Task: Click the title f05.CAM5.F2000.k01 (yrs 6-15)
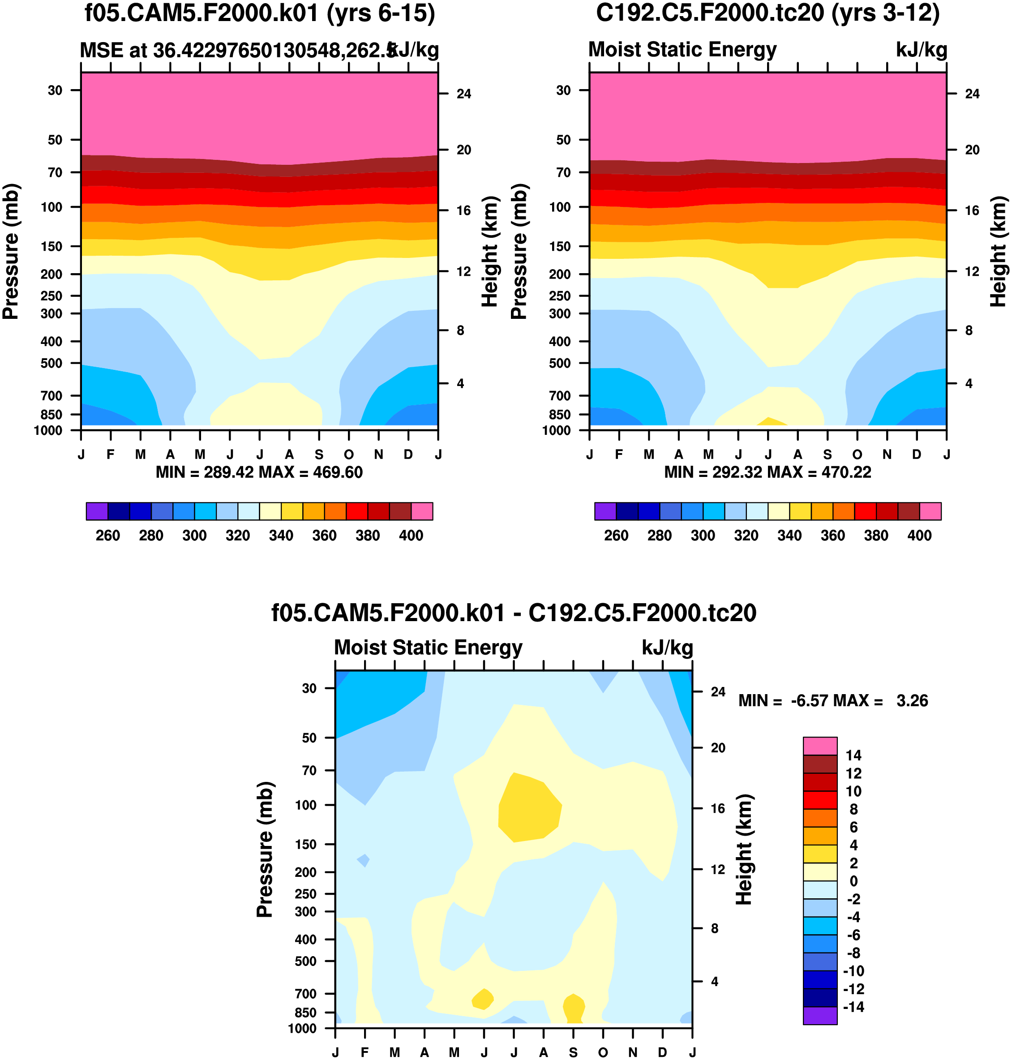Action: click(x=259, y=13)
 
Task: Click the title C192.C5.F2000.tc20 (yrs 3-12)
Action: click(x=768, y=13)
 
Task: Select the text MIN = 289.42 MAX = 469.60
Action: click(x=259, y=472)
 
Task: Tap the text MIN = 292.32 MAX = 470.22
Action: click(x=768, y=472)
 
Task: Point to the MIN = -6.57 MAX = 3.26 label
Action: click(x=833, y=701)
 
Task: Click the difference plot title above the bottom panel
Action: click(x=514, y=613)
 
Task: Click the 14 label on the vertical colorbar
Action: click(x=853, y=755)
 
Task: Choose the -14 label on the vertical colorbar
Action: click(x=853, y=1007)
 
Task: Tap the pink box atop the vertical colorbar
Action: click(x=820, y=746)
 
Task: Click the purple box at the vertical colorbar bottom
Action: click(x=820, y=1015)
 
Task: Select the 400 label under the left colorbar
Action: click(x=411, y=536)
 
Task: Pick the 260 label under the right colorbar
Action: click(x=616, y=536)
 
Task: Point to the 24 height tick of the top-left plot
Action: click(x=464, y=94)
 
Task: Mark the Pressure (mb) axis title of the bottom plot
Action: click(x=265, y=850)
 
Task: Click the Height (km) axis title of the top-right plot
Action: click(x=999, y=251)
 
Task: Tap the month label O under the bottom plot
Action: click(x=603, y=1052)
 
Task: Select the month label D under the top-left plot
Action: click(x=408, y=455)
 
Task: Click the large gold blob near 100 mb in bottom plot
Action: click(x=529, y=807)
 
